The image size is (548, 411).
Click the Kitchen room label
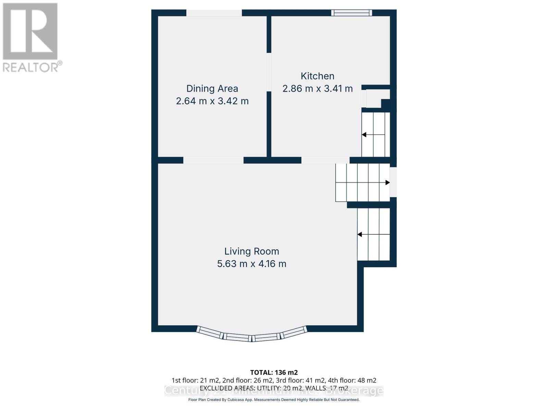(317, 76)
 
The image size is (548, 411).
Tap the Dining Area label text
(212, 89)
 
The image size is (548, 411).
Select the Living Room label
(252, 251)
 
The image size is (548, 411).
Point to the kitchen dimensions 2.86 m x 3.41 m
(317, 89)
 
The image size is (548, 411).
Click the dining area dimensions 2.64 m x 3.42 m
(212, 101)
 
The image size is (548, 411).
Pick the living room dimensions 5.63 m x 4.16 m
(252, 264)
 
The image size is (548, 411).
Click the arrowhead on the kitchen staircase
(364, 135)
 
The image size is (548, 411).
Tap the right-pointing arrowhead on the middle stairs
(387, 183)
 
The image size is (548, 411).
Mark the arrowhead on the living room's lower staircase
(360, 235)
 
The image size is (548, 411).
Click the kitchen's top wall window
(351, 13)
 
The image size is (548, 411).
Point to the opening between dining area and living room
(213, 160)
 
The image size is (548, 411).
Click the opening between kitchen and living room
(325, 160)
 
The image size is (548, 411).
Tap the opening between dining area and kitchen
(269, 72)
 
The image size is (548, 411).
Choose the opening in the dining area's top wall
(214, 13)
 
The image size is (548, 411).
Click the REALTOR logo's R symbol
(30, 32)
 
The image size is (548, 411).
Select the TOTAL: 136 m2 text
(274, 372)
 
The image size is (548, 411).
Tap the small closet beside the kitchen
(376, 98)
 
